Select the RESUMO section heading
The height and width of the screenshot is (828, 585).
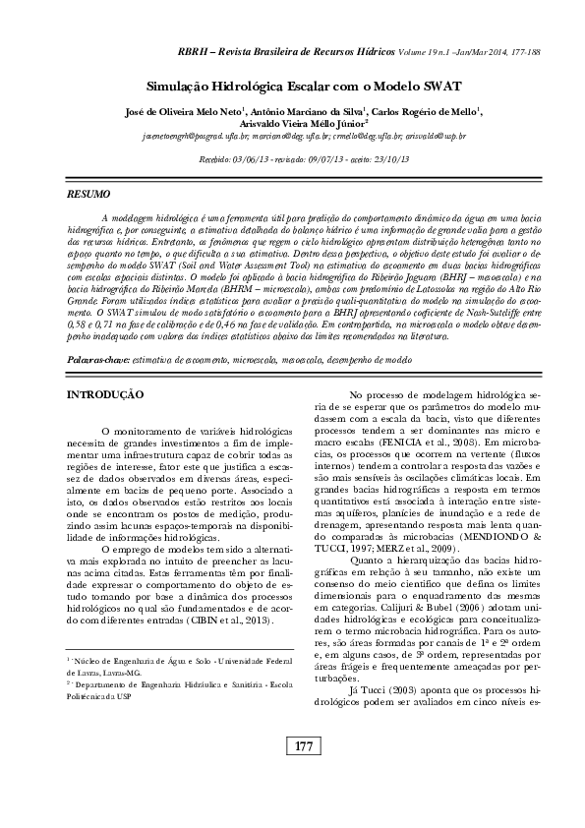click(87, 196)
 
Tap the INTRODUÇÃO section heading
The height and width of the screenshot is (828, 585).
click(104, 394)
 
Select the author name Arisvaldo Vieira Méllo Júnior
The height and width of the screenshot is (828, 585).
click(309, 124)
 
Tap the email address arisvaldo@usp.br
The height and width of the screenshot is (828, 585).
click(436, 137)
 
